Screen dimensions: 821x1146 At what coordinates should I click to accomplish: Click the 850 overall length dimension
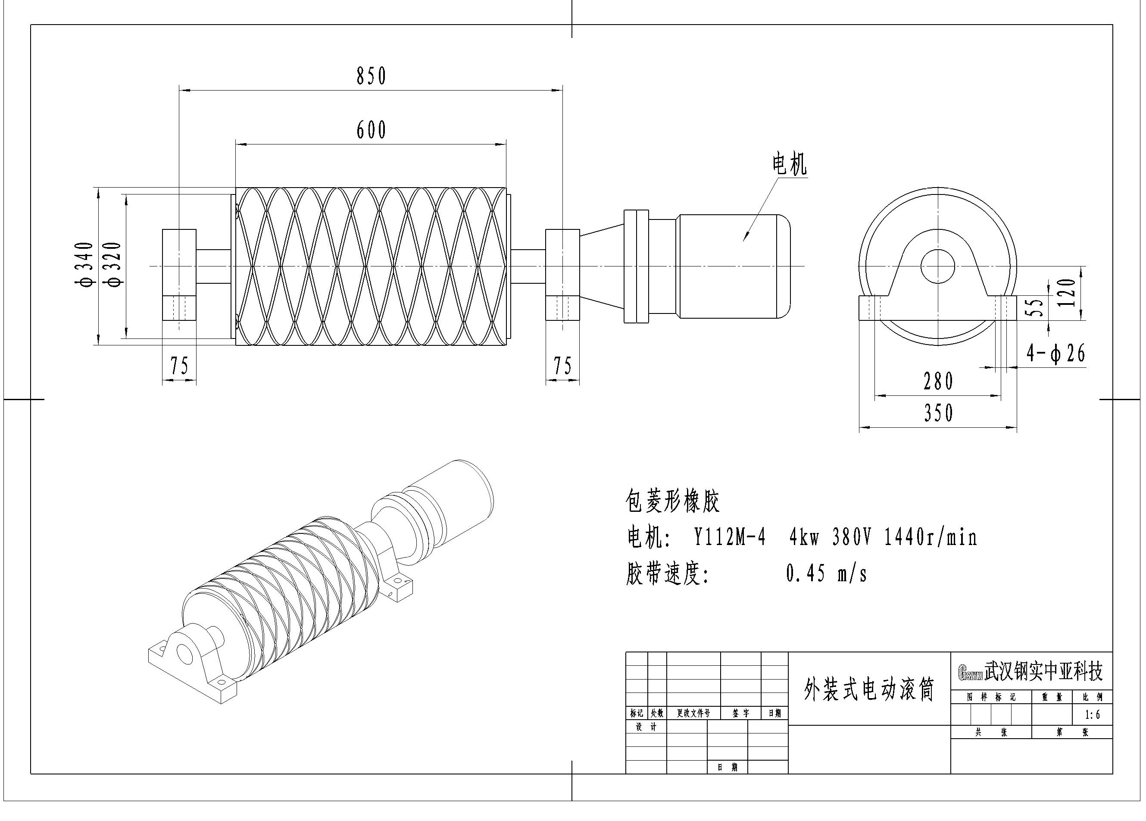[372, 76]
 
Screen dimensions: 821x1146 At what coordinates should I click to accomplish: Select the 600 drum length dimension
[372, 130]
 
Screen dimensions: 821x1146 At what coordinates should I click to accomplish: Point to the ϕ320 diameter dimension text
[115, 264]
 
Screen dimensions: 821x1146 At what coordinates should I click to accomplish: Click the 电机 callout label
[789, 164]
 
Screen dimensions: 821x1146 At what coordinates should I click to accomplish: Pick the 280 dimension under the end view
[938, 382]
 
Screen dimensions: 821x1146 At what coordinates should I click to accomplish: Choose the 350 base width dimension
[938, 413]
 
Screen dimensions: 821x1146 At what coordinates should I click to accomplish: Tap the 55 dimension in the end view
[1036, 307]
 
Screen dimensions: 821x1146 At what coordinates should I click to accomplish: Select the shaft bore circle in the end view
[938, 266]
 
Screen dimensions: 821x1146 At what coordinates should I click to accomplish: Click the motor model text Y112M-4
[729, 537]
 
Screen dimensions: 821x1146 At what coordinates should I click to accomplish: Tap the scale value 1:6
[1092, 715]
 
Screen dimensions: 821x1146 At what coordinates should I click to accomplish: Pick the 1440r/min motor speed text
[930, 537]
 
